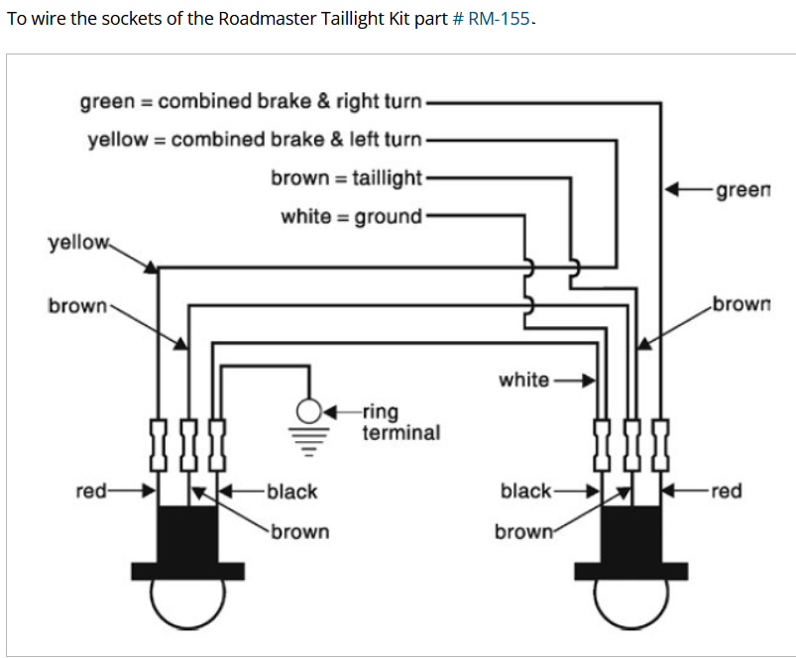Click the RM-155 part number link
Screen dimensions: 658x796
coord(499,20)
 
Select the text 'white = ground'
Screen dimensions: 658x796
coord(351,216)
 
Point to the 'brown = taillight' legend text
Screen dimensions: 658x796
coord(346,178)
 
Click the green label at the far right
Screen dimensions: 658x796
coord(741,188)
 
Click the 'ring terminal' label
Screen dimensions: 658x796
coord(399,422)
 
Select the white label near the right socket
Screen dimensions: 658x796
coord(523,380)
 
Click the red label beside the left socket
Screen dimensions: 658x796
coord(92,491)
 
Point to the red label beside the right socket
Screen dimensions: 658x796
coord(726,491)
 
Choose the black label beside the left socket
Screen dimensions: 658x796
coord(292,491)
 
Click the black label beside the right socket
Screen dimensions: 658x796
coord(526,491)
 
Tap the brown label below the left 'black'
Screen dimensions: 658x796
coord(299,532)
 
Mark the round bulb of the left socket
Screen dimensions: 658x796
coord(188,601)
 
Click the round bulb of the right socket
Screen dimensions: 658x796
coord(632,601)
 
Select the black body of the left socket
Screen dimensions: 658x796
coord(188,535)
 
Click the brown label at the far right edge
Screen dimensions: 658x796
coord(740,304)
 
